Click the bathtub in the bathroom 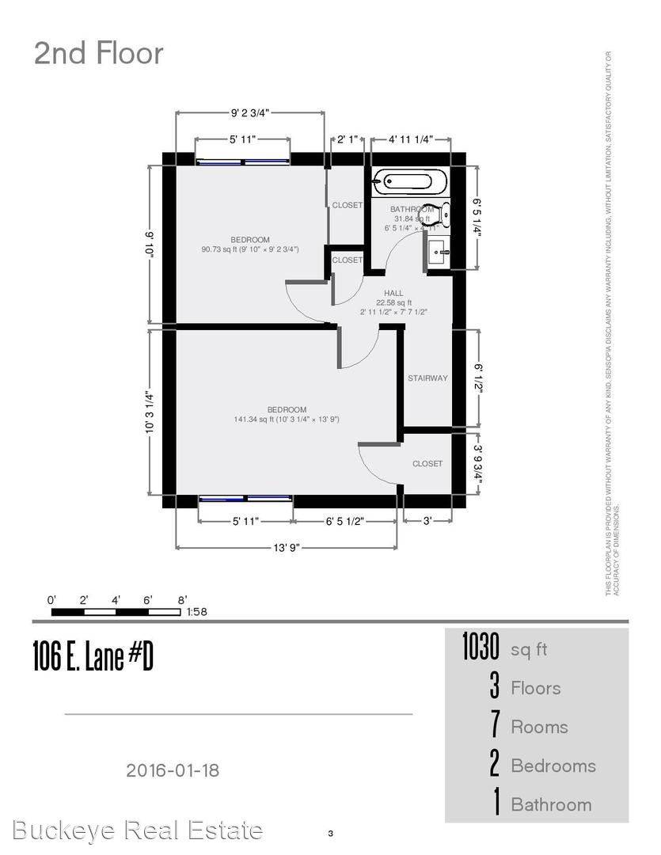[403, 182]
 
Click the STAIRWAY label [427, 378]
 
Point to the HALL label [393, 293]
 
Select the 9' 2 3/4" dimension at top [249, 112]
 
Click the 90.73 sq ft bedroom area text [250, 250]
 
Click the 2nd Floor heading [98, 54]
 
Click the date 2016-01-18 [173, 769]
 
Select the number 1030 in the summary [481, 648]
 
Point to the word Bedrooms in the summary [553, 766]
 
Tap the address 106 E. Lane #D [93, 656]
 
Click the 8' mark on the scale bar [182, 600]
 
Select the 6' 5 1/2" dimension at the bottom [344, 522]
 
